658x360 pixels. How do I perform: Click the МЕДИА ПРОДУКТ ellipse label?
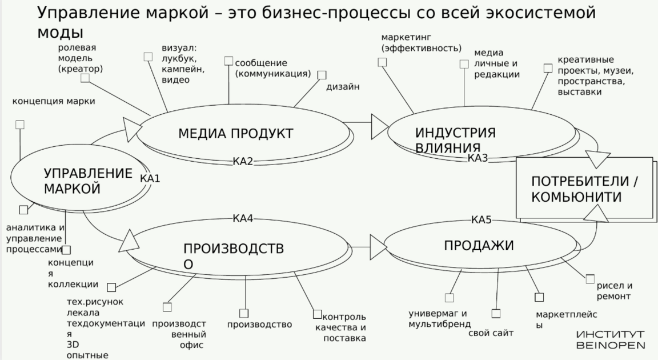(235, 134)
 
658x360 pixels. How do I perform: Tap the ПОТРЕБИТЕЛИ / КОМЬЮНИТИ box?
(584, 189)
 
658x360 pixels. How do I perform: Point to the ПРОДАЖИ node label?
(479, 246)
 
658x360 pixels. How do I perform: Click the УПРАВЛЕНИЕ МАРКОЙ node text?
(87, 181)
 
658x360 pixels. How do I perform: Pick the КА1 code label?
(150, 178)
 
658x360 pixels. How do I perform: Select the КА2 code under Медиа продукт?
(243, 161)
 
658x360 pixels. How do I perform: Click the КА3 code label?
(478, 158)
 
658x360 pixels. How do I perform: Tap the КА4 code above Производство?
(243, 218)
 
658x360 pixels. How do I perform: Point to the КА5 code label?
(482, 219)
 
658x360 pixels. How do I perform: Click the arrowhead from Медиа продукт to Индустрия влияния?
(379, 126)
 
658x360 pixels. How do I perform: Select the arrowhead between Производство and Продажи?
(378, 247)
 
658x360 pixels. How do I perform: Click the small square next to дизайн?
(322, 75)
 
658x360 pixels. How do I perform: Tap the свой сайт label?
(491, 333)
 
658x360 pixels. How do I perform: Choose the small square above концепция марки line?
(20, 125)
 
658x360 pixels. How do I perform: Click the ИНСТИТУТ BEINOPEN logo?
(611, 339)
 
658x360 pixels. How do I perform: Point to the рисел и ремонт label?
(614, 291)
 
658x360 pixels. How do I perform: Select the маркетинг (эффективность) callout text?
(422, 43)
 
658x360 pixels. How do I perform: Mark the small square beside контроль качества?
(318, 314)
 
